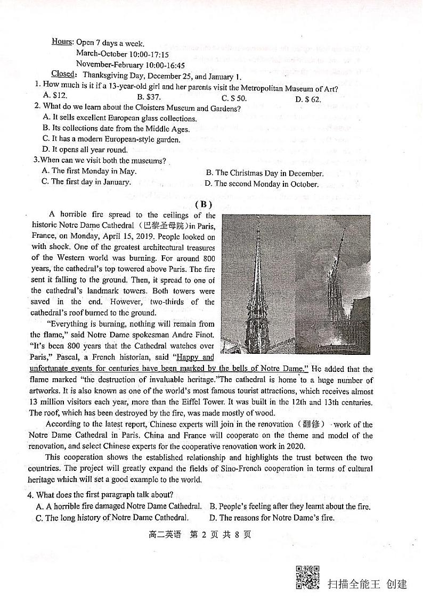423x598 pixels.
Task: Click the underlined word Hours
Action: (x=62, y=42)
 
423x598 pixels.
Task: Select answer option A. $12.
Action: (x=55, y=96)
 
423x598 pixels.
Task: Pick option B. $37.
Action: (x=149, y=97)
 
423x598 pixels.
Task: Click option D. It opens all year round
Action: (x=85, y=150)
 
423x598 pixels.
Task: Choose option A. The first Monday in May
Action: (x=89, y=171)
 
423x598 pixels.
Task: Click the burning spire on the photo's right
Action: (x=337, y=277)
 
